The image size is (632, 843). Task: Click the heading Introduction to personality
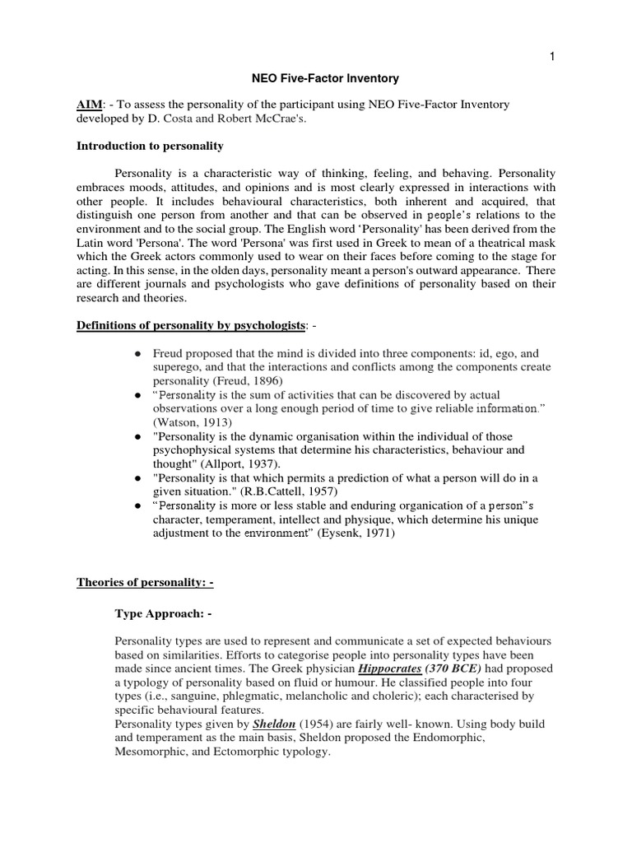click(150, 146)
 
